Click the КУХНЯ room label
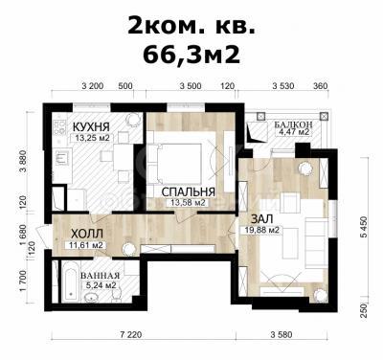pyautogui.click(x=91, y=126)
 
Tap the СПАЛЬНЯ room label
pyautogui.click(x=188, y=191)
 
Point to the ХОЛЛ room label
pyautogui.click(x=87, y=234)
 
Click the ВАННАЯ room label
pyautogui.click(x=101, y=276)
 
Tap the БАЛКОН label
pyautogui.click(x=293, y=124)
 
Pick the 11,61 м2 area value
pyautogui.click(x=85, y=245)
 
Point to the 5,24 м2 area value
pyautogui.click(x=101, y=285)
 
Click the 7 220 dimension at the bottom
pyautogui.click(x=131, y=335)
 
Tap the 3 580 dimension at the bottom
pyautogui.click(x=282, y=335)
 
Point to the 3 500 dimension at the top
pyautogui.click(x=191, y=86)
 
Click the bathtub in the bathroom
pyautogui.click(x=70, y=281)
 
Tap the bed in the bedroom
pyautogui.click(x=175, y=164)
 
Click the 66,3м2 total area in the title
pyautogui.click(x=191, y=55)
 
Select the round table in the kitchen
pyautogui.click(x=132, y=120)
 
